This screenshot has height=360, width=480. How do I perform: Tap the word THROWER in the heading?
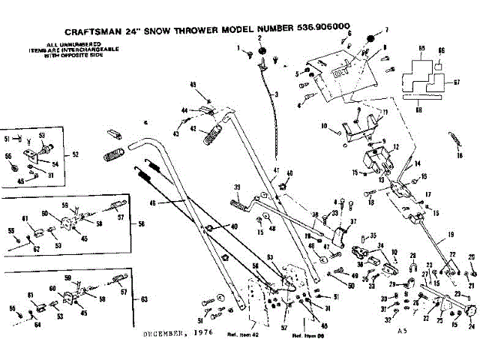coord(207,32)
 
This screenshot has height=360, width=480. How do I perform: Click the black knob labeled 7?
coord(368,38)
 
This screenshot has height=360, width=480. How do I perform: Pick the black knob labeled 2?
coord(263,50)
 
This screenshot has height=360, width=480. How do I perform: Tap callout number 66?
coord(440,49)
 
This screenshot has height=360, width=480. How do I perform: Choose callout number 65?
coord(421,48)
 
